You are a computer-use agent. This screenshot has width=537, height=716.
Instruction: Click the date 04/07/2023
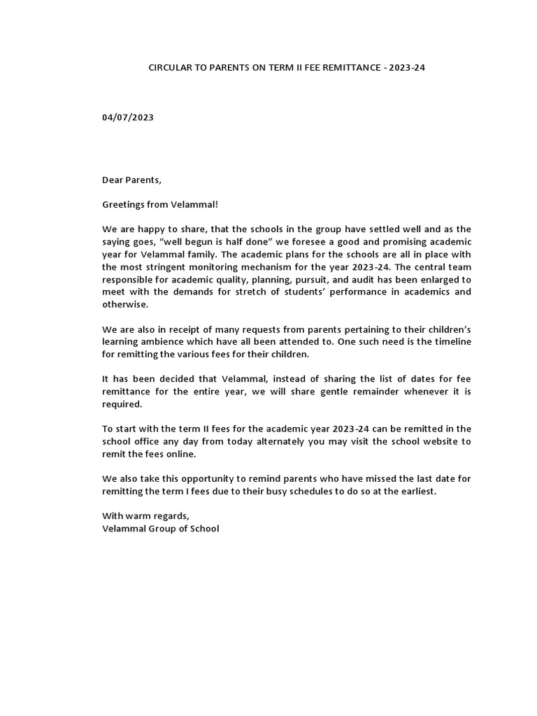(128, 117)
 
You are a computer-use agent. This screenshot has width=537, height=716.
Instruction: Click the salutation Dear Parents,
(131, 180)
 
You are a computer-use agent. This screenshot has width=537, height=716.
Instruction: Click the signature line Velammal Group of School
(160, 529)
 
